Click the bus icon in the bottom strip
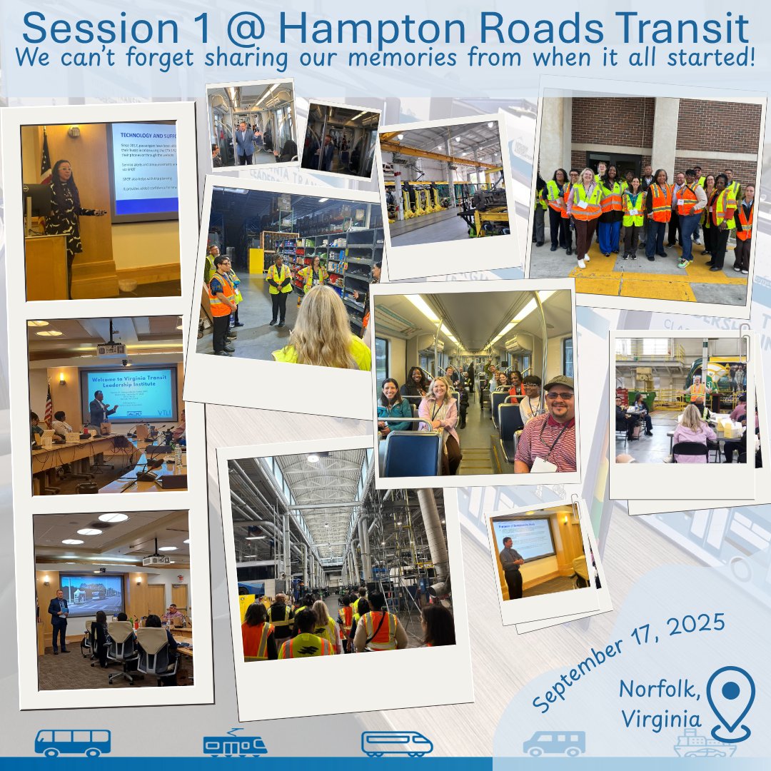tap(73, 743)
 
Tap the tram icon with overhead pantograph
tap(235, 742)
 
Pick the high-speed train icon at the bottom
tap(397, 743)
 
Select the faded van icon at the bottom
tap(554, 743)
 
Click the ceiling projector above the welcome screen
tap(111, 348)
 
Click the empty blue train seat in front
tap(413, 454)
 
